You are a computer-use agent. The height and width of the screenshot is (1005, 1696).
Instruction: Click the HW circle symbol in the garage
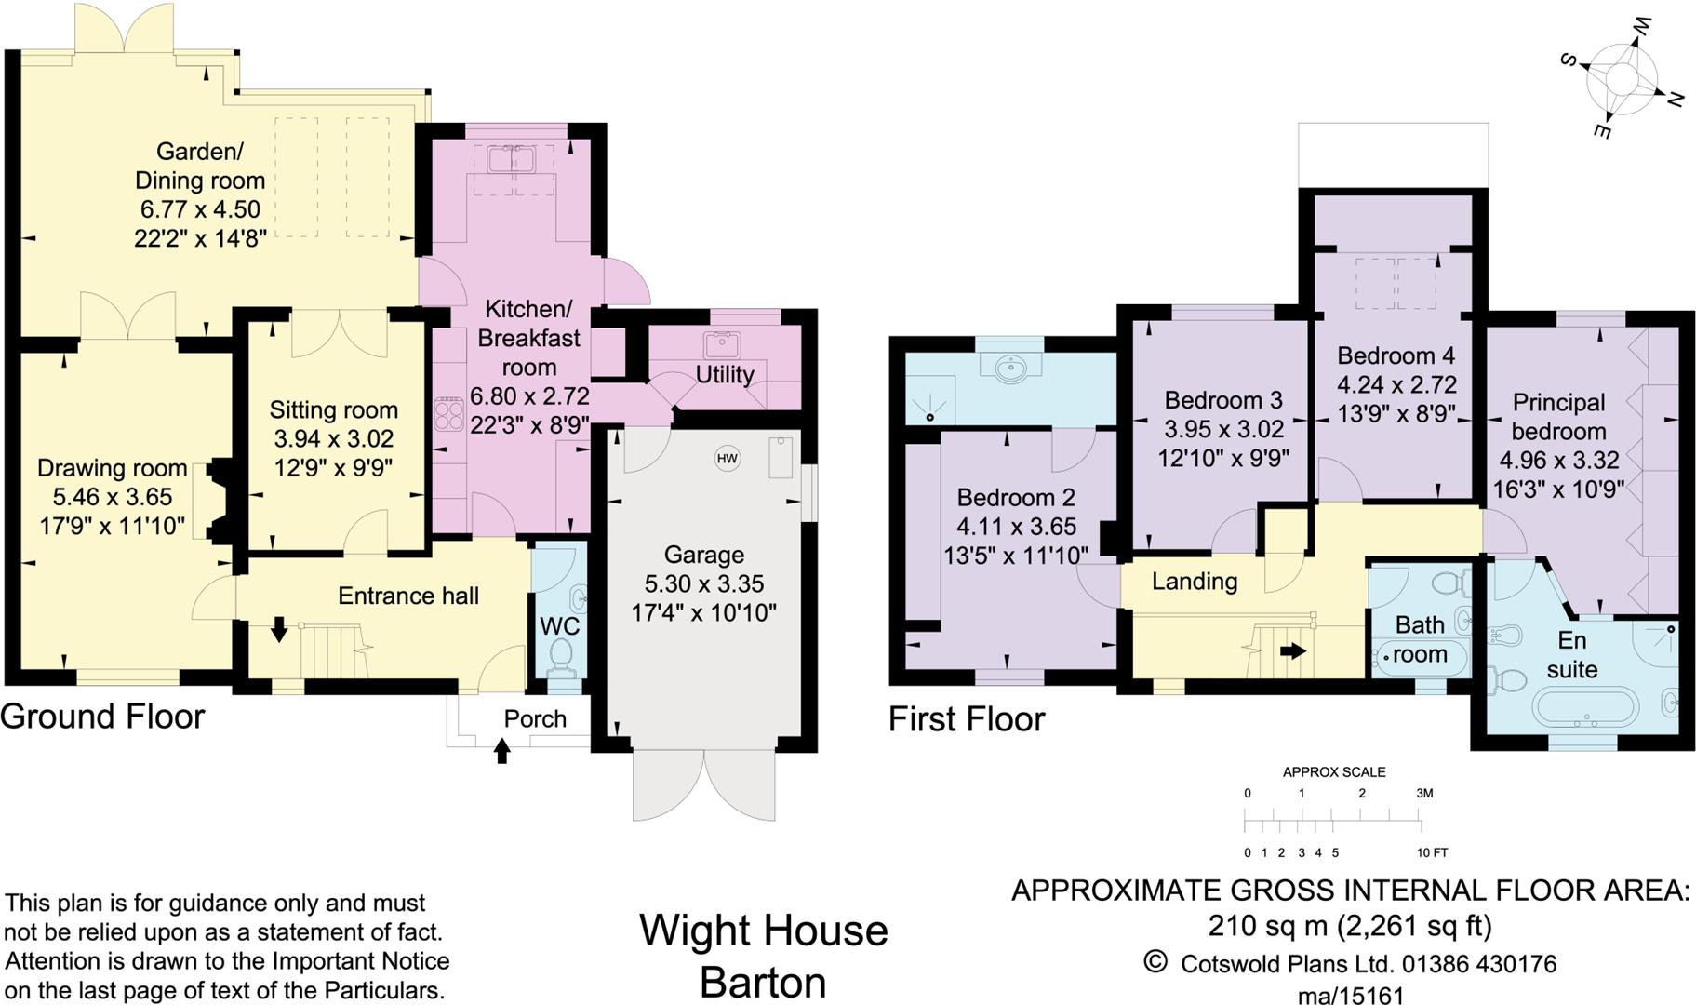[727, 458]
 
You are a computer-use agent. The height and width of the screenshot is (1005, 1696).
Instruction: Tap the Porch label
[535, 718]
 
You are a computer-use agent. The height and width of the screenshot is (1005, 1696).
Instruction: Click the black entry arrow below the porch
[502, 750]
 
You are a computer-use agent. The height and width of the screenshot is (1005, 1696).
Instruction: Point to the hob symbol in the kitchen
[449, 414]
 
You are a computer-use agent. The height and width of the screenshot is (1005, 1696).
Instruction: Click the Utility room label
[724, 374]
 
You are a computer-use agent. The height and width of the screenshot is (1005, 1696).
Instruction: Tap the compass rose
[1622, 78]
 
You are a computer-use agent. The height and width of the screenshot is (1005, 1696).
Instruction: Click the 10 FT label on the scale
[1432, 852]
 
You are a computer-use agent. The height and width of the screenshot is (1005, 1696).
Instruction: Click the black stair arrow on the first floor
[1292, 651]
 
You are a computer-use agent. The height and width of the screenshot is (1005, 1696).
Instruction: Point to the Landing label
[1195, 582]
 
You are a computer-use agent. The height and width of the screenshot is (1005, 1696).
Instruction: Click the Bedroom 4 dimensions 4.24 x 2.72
[1396, 384]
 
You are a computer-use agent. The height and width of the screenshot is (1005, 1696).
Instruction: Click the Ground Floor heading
[102, 716]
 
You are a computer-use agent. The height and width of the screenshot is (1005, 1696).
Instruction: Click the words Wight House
[763, 930]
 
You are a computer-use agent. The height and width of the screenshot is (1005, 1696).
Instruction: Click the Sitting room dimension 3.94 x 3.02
[333, 438]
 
